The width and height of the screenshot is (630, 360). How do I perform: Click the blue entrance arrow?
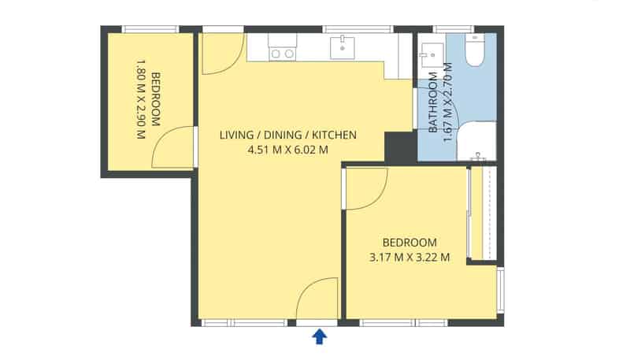tap(320, 337)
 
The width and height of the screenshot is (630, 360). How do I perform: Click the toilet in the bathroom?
tap(476, 51)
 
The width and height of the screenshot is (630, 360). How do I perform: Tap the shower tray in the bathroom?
tap(476, 142)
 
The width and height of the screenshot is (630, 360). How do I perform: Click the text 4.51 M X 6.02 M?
tap(287, 149)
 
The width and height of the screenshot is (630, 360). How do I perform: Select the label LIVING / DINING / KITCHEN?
tap(287, 135)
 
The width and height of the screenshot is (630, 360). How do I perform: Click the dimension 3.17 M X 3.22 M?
tap(409, 256)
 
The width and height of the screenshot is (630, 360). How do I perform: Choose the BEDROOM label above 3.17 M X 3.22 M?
tap(409, 242)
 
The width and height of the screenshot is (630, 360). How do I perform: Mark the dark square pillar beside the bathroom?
tap(399, 147)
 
